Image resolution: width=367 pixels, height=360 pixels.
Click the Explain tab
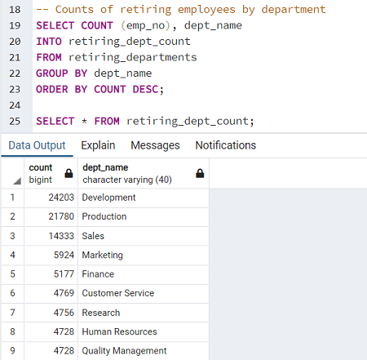(98, 145)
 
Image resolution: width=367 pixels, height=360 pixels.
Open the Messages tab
(155, 145)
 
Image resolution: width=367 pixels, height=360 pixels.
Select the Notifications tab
(226, 145)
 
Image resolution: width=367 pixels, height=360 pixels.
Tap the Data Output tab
(37, 145)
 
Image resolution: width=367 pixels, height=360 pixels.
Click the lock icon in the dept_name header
(200, 173)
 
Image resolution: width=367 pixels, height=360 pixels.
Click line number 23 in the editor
(15, 90)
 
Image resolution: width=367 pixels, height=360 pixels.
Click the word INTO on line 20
(49, 42)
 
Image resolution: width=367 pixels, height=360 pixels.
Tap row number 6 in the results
(12, 293)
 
